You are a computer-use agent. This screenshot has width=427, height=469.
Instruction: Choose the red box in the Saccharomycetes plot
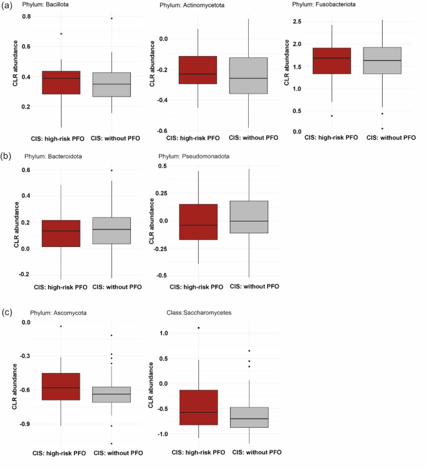pos(198,407)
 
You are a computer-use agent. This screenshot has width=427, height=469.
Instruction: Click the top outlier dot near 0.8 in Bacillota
pos(112,18)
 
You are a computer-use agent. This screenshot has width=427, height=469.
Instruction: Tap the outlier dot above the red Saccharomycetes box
pos(198,327)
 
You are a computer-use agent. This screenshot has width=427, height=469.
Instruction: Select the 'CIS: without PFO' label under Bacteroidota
pos(117,287)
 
